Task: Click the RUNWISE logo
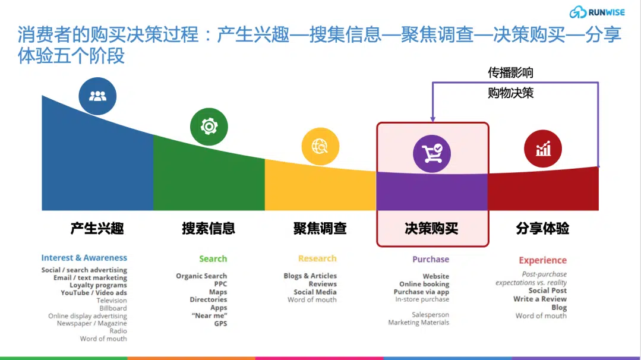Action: (597, 12)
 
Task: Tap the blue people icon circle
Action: (97, 96)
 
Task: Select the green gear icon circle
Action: (209, 127)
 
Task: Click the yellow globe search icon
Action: (320, 146)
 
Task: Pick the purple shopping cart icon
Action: (432, 154)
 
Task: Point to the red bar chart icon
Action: (543, 149)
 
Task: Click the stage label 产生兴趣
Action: (97, 228)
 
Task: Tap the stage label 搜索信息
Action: (209, 228)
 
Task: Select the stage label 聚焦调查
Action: (320, 228)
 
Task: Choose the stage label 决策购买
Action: (431, 229)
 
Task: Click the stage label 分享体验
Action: (542, 228)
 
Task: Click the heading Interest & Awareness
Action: (84, 258)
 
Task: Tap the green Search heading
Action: (213, 258)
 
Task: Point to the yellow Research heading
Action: (317, 258)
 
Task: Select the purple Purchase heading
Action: (431, 259)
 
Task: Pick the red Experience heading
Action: (542, 260)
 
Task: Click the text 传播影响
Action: (510, 72)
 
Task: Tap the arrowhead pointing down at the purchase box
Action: (432, 119)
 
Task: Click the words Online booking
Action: (424, 284)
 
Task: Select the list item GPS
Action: (220, 324)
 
